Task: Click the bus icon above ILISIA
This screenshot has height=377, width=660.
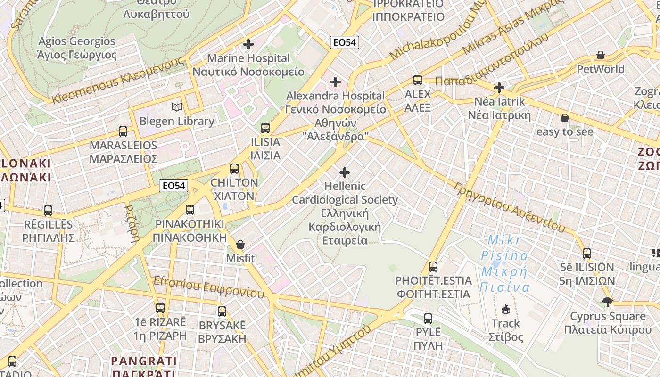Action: [x=265, y=128]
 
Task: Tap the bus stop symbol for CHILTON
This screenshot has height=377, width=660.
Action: [x=234, y=168]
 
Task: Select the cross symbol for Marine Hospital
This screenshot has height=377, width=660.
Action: [x=248, y=45]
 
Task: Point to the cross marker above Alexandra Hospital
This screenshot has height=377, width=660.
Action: [x=336, y=82]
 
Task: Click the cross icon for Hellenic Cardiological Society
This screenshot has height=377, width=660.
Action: [x=345, y=172]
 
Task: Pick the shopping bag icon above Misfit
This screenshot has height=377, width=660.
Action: [x=240, y=245]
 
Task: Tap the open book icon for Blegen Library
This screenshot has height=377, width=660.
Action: [x=177, y=107]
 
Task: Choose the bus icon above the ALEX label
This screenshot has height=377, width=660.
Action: [x=418, y=80]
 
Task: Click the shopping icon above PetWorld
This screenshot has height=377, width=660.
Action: [x=601, y=56]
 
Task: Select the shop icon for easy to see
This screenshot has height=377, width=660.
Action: [x=565, y=118]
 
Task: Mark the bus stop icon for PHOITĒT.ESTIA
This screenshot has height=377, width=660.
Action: [x=433, y=267]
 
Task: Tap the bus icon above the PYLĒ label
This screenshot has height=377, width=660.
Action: [x=428, y=319]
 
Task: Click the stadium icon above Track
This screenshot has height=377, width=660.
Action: [x=506, y=310]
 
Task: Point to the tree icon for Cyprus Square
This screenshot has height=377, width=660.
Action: [x=608, y=302]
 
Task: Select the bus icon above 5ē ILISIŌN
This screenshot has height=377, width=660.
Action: [x=587, y=254]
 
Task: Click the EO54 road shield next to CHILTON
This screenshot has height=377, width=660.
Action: [x=173, y=186]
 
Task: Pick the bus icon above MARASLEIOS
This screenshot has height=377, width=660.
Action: [x=123, y=131]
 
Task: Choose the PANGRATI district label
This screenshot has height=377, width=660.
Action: [x=144, y=361]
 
